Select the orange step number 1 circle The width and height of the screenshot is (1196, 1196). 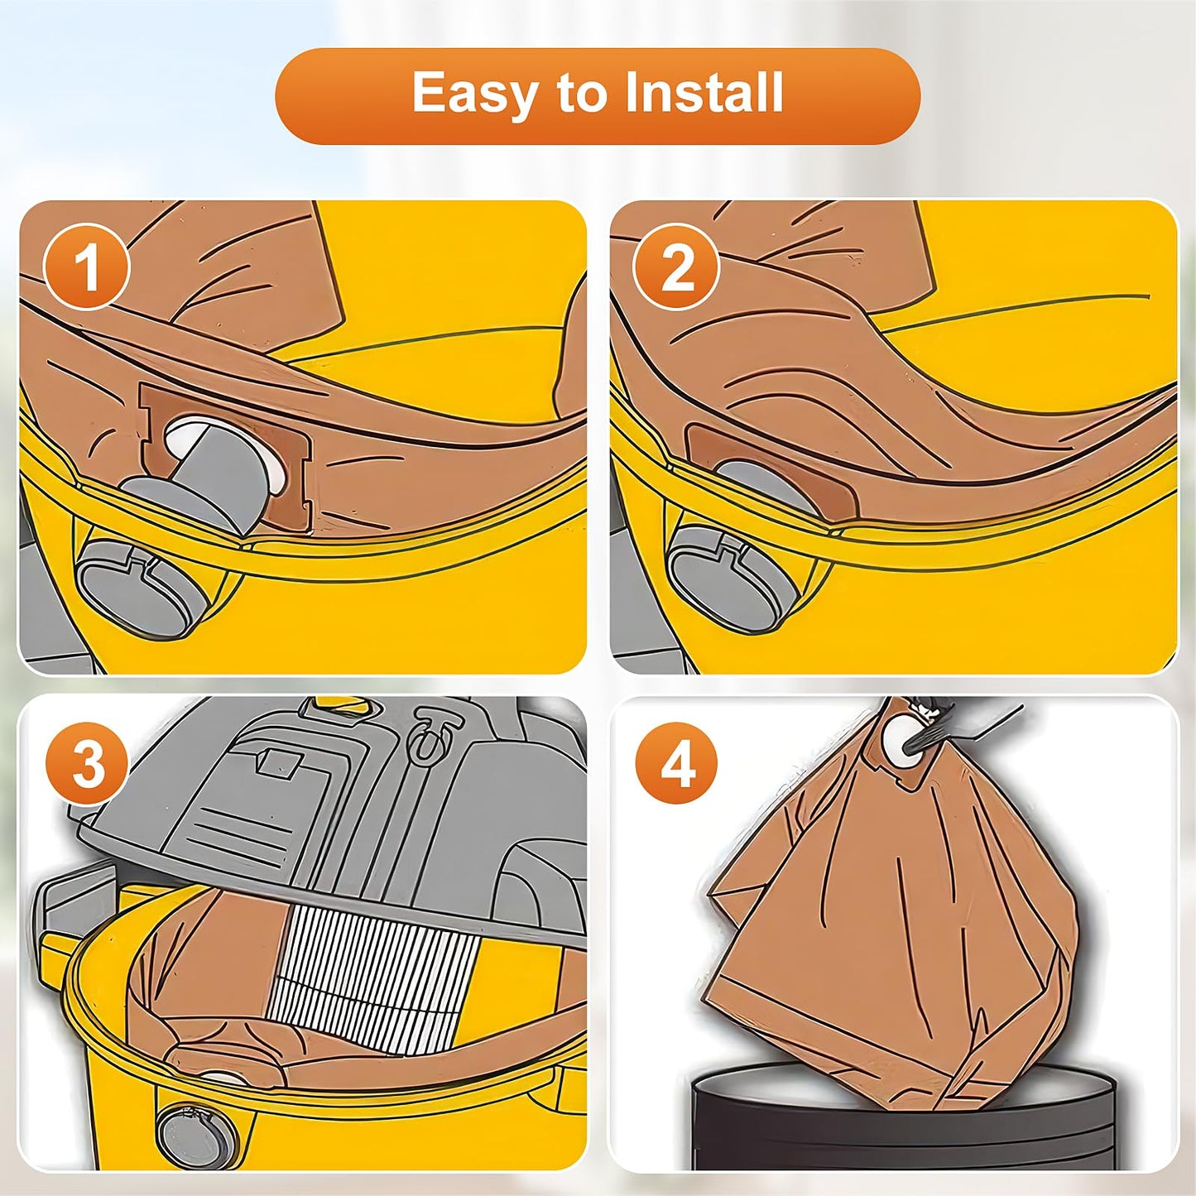[x=86, y=267]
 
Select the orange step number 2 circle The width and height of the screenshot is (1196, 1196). [x=677, y=267]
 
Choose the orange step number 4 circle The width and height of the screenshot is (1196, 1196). [x=677, y=764]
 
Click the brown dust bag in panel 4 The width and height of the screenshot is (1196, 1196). [x=894, y=910]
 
